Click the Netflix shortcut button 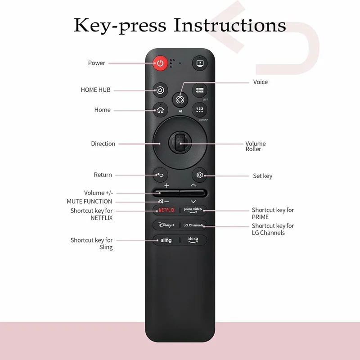pyautogui.click(x=166, y=210)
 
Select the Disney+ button pyautogui.click(x=166, y=225)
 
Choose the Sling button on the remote pyautogui.click(x=166, y=240)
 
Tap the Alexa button pyautogui.click(x=193, y=240)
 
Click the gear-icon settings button pyautogui.click(x=199, y=175)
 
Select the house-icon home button pyautogui.click(x=160, y=110)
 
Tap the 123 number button pyautogui.click(x=199, y=110)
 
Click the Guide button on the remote pyautogui.click(x=199, y=90)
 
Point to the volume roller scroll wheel pyautogui.click(x=180, y=143)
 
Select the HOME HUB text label pyautogui.click(x=95, y=90)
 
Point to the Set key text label pyautogui.click(x=262, y=176)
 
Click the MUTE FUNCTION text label pyautogui.click(x=90, y=202)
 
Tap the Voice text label pyautogui.click(x=261, y=82)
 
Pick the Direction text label pyautogui.click(x=103, y=144)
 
